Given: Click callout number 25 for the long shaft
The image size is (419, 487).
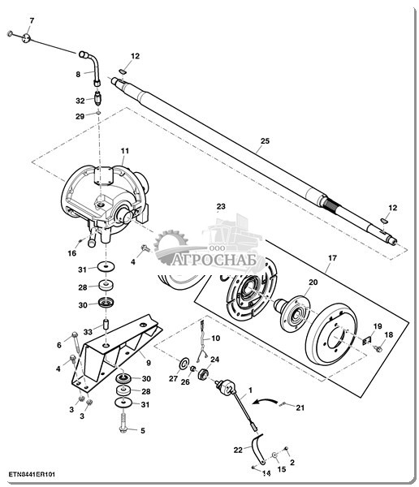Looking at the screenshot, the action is coord(265,141).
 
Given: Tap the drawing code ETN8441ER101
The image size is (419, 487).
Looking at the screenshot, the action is coord(32,475).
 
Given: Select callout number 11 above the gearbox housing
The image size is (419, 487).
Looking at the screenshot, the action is coord(124,151).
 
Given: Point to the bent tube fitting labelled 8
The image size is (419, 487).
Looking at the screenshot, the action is coord(93,67).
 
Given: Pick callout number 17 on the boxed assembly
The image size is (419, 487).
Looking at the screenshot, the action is coord(332,258).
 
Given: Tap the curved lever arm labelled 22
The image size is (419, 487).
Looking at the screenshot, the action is coord(257,449).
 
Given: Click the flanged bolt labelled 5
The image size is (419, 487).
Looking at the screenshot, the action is coord(124,420).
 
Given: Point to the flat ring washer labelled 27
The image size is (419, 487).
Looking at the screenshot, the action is coord(184,363).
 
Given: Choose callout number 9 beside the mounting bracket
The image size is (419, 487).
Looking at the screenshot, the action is coord(149,363).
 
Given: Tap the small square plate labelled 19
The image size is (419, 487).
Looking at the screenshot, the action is coord(367,340).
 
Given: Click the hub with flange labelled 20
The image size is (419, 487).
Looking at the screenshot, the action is coord(292,313).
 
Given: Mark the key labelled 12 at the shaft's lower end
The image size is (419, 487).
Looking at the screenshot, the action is coord(384,221).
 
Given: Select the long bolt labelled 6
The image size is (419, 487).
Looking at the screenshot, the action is coord(76,345).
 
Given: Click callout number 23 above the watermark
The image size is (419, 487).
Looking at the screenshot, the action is coord(221,206).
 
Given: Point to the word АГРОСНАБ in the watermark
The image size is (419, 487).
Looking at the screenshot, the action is coord(214,260).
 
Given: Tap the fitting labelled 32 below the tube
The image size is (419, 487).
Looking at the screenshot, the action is coord(98,97).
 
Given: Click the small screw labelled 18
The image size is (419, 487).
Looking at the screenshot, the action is coord(378,348).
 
